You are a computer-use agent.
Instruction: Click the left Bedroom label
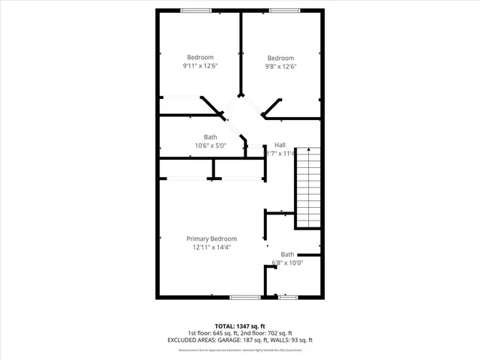[200, 58]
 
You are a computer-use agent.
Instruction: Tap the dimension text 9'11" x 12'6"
[200, 66]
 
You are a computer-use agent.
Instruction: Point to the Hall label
[280, 145]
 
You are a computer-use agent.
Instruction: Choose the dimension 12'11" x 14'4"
[211, 247]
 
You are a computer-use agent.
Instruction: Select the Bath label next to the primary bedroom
[287, 255]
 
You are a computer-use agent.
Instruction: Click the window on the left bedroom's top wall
[196, 10]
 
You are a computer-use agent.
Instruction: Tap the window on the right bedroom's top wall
[282, 10]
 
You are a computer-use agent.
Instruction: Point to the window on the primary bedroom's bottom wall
[244, 298]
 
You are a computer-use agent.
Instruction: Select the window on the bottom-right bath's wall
[288, 298]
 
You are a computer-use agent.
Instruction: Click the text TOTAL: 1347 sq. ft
[240, 326]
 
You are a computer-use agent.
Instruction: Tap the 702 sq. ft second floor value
[279, 333]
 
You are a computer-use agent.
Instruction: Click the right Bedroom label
[280, 58]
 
